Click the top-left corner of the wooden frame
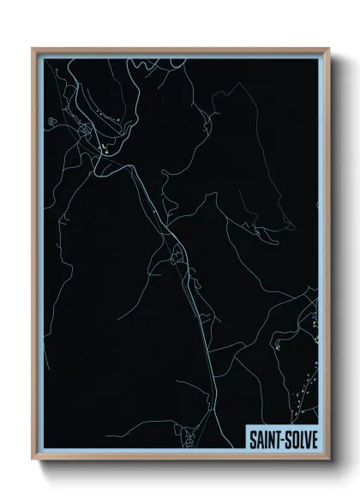[x=33, y=49]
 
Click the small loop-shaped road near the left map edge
[x=53, y=122]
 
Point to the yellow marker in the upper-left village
[x=103, y=153]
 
